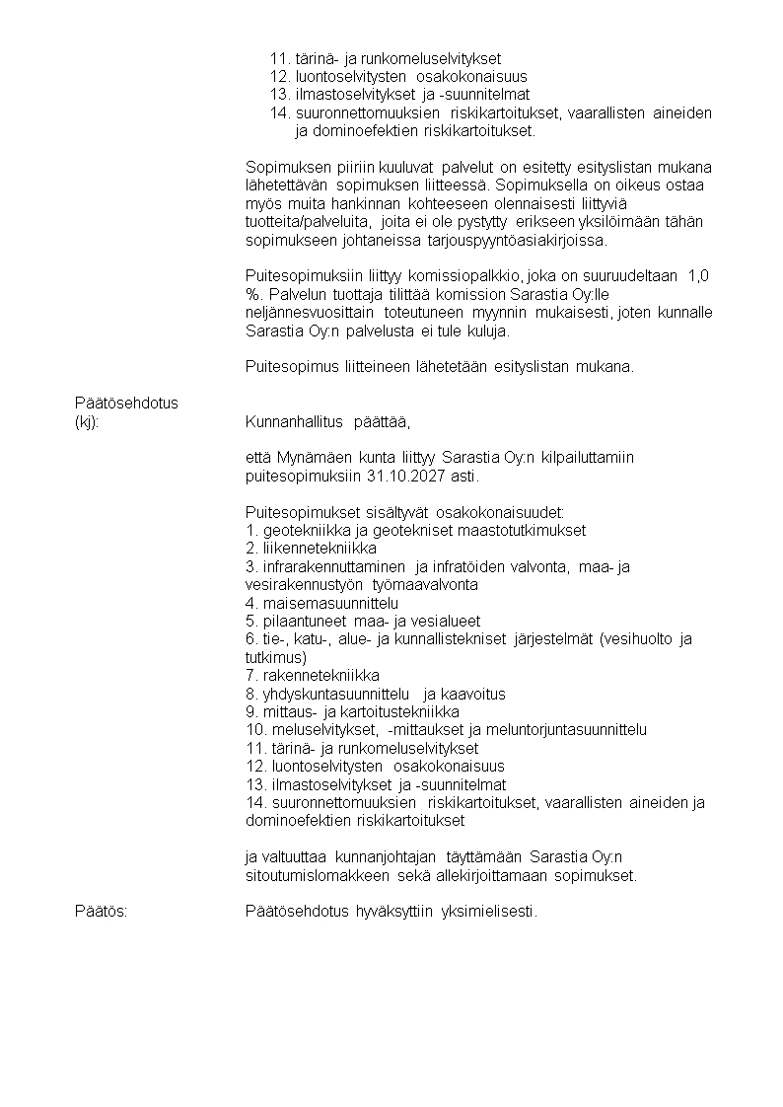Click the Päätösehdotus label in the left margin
pyautogui.click(x=126, y=404)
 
